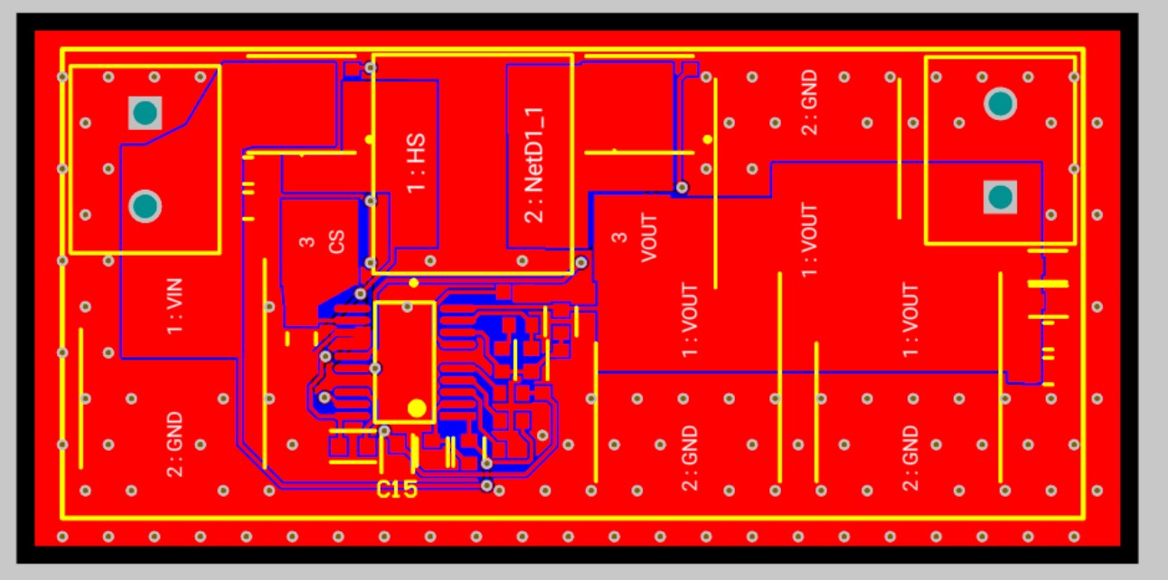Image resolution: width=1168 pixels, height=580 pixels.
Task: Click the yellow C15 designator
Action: click(397, 490)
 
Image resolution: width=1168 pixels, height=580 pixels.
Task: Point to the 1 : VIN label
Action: click(175, 307)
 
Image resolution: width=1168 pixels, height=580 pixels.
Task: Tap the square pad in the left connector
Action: click(145, 113)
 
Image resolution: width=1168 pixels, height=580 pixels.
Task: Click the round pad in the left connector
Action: click(145, 206)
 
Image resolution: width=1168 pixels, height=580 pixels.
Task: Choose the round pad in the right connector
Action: click(999, 104)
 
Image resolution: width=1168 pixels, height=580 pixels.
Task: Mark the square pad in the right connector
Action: click(999, 197)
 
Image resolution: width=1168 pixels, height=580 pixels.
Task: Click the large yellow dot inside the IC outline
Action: click(417, 407)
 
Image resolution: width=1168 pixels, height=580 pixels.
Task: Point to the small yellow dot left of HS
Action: click(369, 139)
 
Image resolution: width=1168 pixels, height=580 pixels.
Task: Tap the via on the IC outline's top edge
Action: click(361, 294)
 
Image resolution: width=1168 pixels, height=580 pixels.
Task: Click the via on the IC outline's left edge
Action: click(375, 368)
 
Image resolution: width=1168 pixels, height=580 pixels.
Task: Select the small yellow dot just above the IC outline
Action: click(413, 283)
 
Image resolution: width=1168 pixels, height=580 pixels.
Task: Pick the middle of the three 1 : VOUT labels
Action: click(809, 240)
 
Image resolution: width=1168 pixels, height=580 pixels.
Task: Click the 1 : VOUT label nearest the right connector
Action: click(910, 320)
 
